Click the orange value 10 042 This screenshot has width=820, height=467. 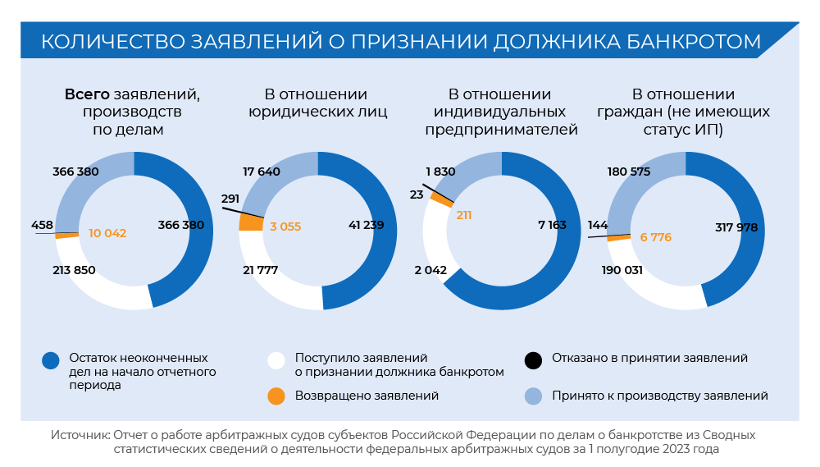tap(107, 233)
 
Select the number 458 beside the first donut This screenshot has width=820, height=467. tap(43, 225)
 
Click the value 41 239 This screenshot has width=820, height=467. tap(366, 224)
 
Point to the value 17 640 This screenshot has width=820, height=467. tap(262, 172)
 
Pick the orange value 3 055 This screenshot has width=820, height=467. tap(286, 227)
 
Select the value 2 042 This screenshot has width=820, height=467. tap(430, 270)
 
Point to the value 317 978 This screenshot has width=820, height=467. tap(737, 227)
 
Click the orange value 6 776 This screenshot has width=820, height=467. tap(656, 237)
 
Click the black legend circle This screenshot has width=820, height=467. tap(534, 359)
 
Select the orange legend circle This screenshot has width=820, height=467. tap(276, 396)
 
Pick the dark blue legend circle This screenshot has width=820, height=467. tap(51, 359)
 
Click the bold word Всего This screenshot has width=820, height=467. tap(87, 94)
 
